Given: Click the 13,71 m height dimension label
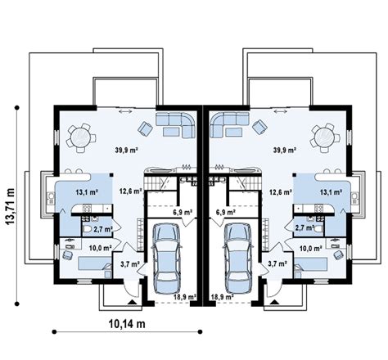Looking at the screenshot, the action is coord(11,206).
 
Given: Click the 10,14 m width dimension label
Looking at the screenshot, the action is coord(127,324).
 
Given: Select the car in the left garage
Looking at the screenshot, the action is coord(166,258).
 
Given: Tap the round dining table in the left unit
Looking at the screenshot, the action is coord(80,137).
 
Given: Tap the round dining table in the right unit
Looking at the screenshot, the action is coord(324,137).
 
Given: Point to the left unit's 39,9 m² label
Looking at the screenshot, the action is coord(126,150).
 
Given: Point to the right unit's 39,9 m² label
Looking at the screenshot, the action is coord(285,150).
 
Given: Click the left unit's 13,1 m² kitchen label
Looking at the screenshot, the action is coord(87,192).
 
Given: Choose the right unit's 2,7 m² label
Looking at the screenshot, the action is coord(305,227).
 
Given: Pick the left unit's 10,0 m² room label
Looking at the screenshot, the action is coord(100,248).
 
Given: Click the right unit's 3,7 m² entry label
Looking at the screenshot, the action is coord(277,263).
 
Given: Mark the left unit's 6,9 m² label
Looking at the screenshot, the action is coord(183,212).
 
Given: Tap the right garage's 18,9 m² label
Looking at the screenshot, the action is coord(222,297).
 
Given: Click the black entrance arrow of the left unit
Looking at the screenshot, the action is coord(132,302).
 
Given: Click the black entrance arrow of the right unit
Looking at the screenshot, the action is coord(274,302).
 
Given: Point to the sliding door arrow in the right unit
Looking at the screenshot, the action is coord(281,111).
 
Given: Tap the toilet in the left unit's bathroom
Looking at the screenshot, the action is coord(88,229).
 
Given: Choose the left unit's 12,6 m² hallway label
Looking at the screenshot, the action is coord(130,191).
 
